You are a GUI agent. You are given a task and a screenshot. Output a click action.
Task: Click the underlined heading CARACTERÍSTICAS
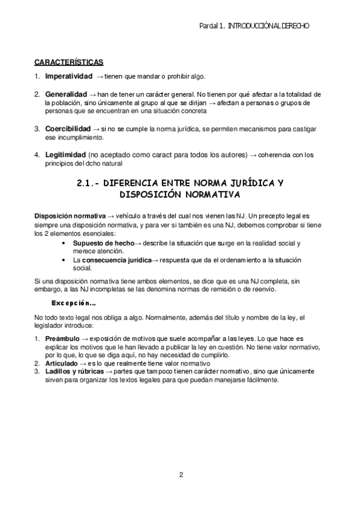[68, 62]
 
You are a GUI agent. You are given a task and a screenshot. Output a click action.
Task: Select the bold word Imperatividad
[68, 77]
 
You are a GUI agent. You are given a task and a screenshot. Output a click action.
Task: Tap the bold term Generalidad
[65, 95]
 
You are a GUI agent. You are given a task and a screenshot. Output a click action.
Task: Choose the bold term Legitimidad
[65, 155]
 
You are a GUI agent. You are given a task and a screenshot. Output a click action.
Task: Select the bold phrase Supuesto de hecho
[103, 242]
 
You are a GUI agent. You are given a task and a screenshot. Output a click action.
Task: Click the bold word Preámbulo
[62, 339]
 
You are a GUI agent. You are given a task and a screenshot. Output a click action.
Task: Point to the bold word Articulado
[61, 363]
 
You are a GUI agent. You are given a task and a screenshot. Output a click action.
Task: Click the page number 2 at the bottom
[181, 475]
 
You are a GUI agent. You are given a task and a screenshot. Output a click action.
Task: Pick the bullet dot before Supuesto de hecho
[64, 242]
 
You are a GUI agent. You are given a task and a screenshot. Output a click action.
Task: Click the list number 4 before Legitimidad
[37, 155]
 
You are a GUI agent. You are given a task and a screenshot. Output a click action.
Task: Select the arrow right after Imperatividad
[100, 77]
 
